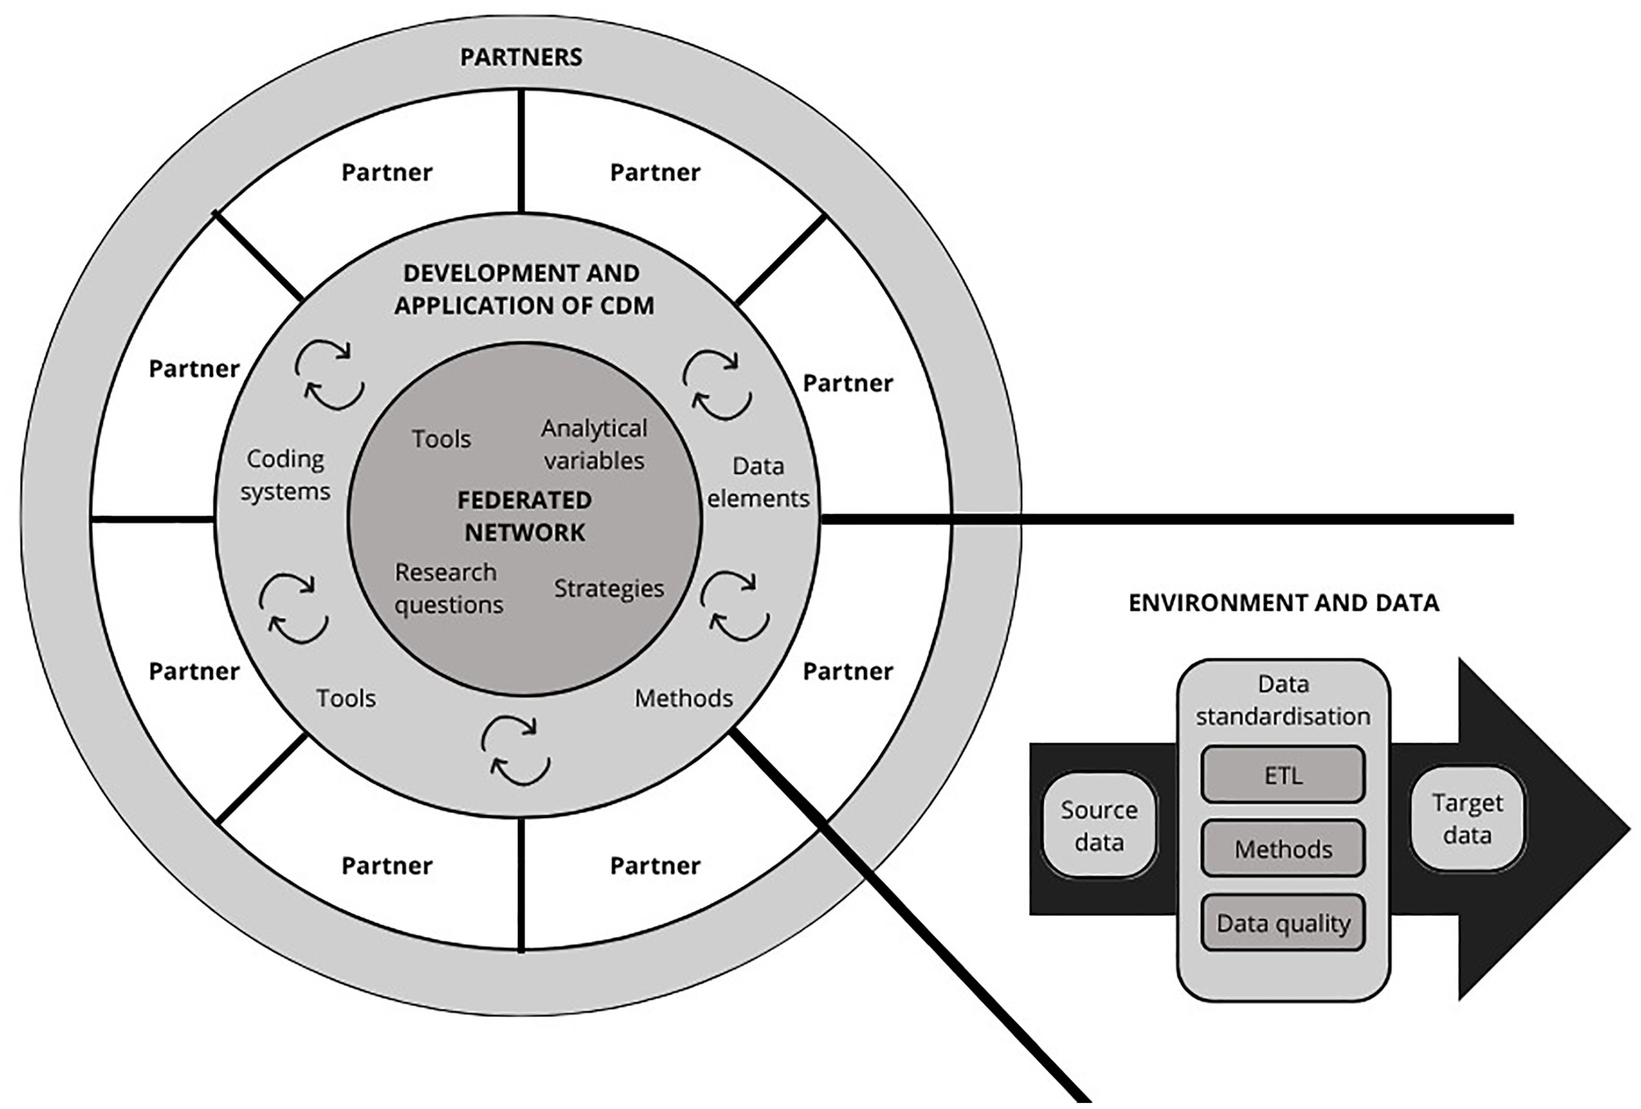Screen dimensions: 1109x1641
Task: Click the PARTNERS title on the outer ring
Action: coord(521,57)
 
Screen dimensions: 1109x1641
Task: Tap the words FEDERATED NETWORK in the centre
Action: coord(525,516)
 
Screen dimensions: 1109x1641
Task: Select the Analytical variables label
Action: coord(594,444)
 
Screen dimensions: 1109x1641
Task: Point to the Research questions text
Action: coord(448,588)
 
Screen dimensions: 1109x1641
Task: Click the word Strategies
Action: coord(609,588)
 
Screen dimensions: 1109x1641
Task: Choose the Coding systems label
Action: coord(285,475)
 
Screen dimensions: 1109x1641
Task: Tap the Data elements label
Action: coord(758,482)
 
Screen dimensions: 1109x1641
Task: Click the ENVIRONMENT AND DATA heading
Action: coord(1283,603)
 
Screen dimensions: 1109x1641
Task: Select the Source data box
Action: coord(1099,825)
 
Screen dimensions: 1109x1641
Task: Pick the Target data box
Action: coord(1467,819)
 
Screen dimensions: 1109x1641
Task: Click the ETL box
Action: coord(1283,775)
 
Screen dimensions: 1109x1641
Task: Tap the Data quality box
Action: coord(1283,922)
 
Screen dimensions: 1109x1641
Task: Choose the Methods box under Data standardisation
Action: coord(1283,849)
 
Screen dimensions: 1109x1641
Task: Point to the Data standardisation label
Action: coord(1283,700)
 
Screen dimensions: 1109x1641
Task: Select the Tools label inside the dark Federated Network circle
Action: coord(441,439)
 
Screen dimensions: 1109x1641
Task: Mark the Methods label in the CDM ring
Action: coord(683,698)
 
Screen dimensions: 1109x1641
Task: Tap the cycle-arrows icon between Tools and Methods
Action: coord(515,751)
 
